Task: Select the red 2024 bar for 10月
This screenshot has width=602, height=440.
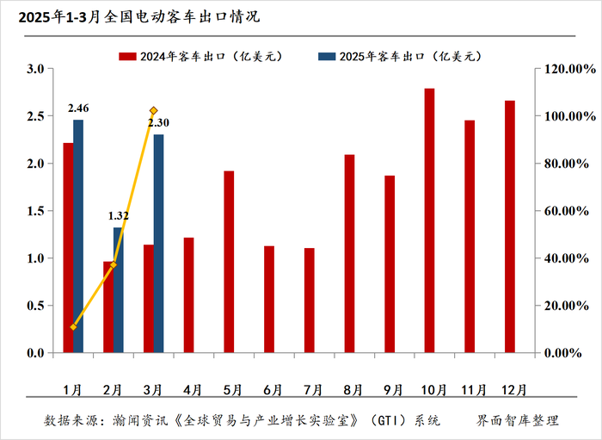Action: tap(429, 220)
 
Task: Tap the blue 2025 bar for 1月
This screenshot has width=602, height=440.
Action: tap(78, 236)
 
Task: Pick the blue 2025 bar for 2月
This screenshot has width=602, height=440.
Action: tap(119, 290)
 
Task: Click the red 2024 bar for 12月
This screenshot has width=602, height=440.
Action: tap(510, 226)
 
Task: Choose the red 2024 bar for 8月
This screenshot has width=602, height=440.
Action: tap(349, 254)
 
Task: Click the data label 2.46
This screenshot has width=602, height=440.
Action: tap(78, 108)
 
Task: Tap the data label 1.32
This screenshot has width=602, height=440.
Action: tap(119, 216)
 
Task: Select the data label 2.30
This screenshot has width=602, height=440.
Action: tap(159, 123)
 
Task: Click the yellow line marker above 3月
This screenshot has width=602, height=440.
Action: tap(153, 110)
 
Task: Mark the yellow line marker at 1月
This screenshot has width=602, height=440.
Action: tap(73, 327)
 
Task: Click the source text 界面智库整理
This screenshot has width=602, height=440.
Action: tap(518, 421)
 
